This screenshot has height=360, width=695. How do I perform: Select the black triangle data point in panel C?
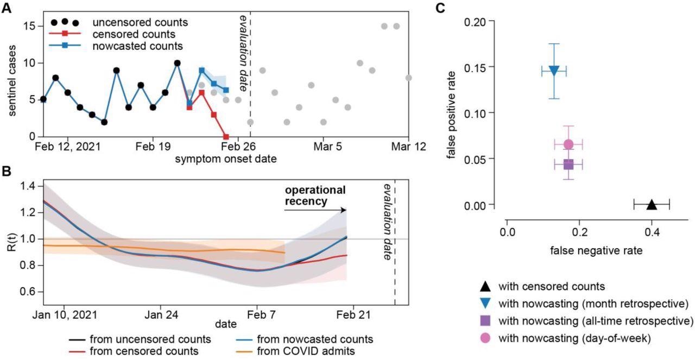coord(652,205)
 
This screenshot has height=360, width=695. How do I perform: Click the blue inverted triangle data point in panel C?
coord(554,71)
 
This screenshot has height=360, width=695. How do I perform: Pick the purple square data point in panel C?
coord(568,164)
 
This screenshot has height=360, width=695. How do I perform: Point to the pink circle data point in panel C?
coord(568,144)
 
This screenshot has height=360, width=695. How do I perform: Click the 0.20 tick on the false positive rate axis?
coord(483,21)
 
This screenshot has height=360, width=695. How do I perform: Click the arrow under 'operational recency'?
coord(315,210)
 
